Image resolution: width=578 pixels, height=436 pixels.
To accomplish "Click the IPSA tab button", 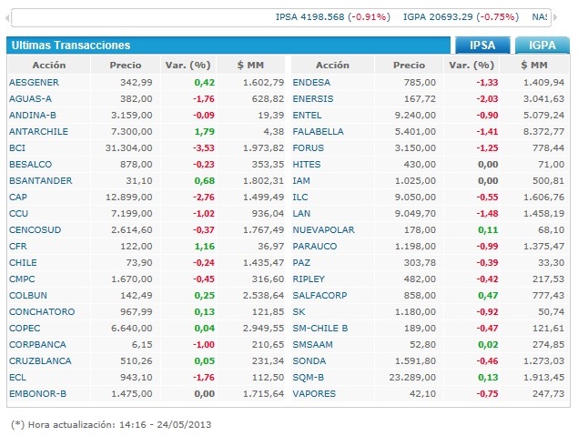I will point(482,46).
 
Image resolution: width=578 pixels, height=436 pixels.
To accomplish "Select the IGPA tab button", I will point(543,46).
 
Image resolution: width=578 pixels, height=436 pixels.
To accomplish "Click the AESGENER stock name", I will point(35,82).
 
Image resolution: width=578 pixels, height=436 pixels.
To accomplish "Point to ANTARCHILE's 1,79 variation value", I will point(202,131).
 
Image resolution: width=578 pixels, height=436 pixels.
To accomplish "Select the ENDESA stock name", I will point(311,82).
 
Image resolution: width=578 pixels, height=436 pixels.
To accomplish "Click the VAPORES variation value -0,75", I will point(488,393).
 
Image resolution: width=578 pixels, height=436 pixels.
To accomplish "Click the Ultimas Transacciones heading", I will point(71,46).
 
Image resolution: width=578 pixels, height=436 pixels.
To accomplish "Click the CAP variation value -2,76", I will point(202,197).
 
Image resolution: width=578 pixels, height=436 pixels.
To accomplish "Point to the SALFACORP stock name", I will point(321,295).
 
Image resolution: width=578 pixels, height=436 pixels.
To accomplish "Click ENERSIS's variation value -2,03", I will point(488,98).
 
